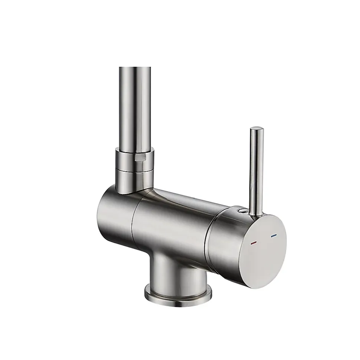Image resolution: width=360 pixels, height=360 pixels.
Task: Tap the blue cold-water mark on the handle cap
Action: coord(274,236)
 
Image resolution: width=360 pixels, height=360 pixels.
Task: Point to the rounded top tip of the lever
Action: coord(256,129)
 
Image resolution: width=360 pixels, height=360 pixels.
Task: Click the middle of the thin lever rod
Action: coord(255,171)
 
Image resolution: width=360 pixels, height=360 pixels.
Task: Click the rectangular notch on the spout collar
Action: coord(140,158)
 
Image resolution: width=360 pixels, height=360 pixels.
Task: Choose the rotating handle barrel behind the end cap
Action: coord(226,237)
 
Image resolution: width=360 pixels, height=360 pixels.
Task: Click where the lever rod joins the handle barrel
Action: coord(254,214)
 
